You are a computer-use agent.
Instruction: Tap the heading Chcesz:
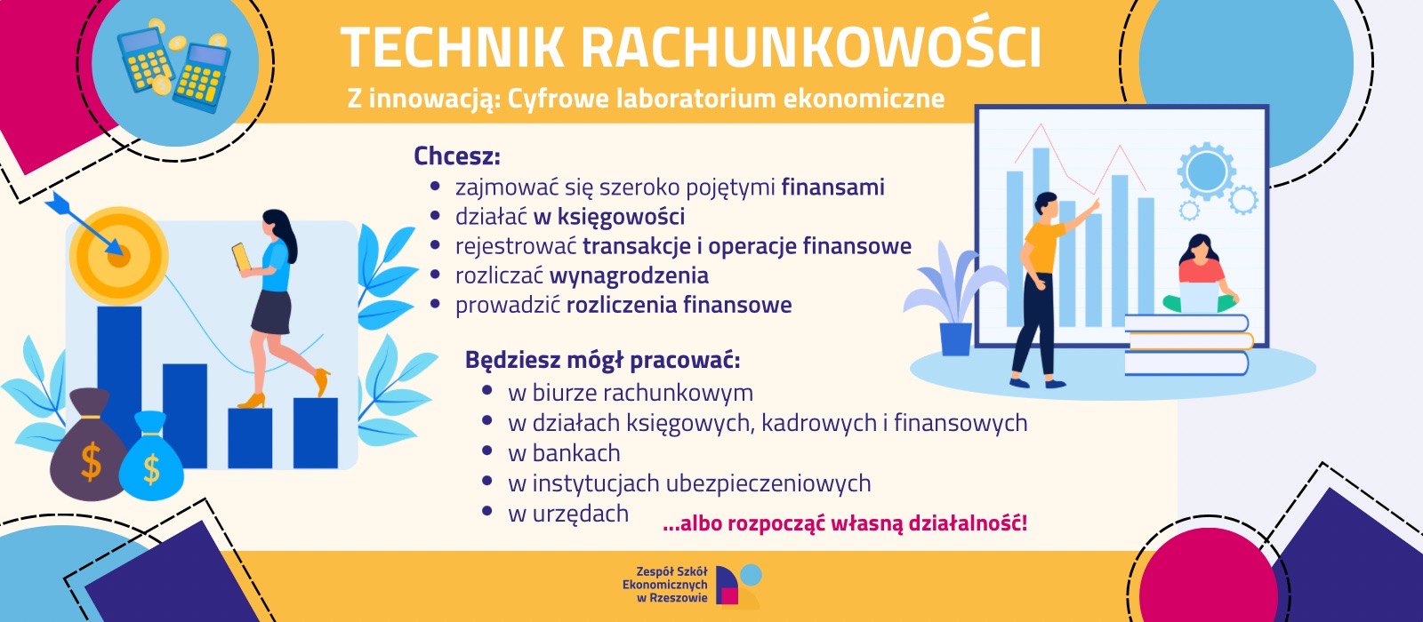click(x=457, y=156)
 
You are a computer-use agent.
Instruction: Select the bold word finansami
click(x=832, y=187)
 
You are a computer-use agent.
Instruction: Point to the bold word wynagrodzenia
click(x=629, y=276)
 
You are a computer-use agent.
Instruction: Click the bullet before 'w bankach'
click(x=487, y=451)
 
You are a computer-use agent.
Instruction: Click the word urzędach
click(x=580, y=514)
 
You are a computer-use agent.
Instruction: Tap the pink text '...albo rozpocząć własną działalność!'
click(x=844, y=523)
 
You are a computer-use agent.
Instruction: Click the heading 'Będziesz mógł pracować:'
click(x=602, y=360)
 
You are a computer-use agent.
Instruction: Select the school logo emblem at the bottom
click(x=738, y=586)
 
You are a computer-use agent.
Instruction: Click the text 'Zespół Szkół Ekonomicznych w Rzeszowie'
click(x=665, y=585)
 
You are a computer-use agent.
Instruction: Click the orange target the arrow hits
click(x=118, y=255)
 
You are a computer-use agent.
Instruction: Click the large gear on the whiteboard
click(x=1206, y=171)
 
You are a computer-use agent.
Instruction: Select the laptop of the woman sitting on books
click(x=1198, y=297)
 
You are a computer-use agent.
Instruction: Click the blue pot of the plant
click(x=955, y=339)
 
